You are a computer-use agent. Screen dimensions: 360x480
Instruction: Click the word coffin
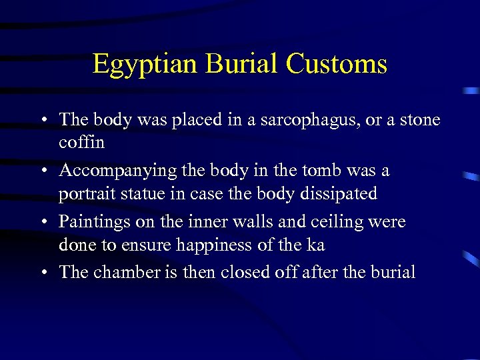click(x=82, y=143)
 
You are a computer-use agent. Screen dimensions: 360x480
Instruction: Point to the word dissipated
click(x=339, y=195)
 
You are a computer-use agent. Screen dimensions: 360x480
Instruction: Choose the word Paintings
click(x=91, y=222)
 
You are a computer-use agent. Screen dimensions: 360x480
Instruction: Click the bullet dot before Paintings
click(x=43, y=222)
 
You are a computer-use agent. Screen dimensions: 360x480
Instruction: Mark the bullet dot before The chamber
click(x=43, y=273)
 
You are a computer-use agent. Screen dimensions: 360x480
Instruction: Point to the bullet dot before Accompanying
click(x=43, y=171)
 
